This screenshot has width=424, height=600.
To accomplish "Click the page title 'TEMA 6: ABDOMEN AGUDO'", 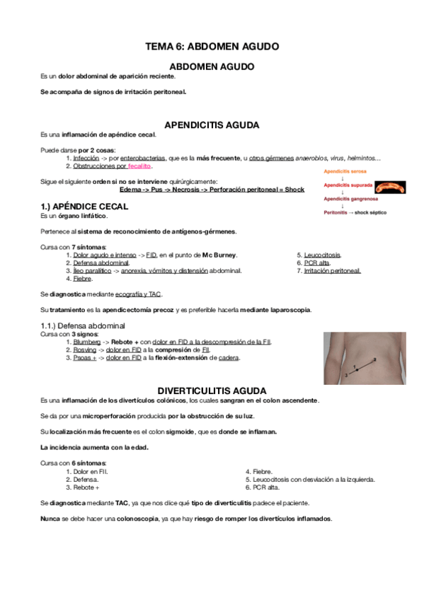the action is tap(212, 46).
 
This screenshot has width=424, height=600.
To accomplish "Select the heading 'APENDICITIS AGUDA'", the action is tap(212, 125).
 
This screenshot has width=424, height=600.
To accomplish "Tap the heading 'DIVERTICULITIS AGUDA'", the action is tap(212, 390).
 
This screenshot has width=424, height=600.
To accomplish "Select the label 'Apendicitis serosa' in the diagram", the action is tap(345, 172).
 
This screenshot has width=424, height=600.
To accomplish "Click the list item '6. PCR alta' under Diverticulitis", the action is tap(263, 487).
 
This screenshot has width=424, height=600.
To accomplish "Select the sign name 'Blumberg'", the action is tap(87, 342).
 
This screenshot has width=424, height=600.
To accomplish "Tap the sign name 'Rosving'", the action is tap(86, 350).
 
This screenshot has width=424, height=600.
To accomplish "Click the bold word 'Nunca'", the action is tap(51, 519).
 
